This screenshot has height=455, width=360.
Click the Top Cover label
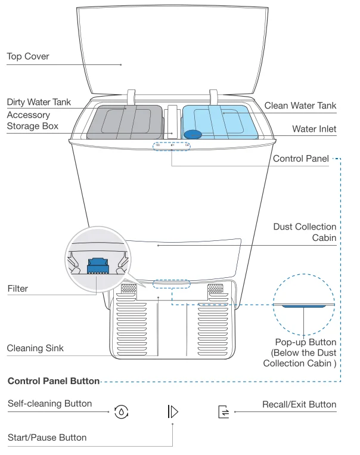[27, 57]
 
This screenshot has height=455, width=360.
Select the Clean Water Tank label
[300, 105]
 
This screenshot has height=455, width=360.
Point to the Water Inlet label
[314, 128]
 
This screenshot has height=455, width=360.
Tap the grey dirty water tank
[125, 122]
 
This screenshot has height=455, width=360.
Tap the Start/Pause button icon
[173, 411]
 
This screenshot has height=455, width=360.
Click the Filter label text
[17, 289]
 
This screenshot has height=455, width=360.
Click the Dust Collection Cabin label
[305, 232]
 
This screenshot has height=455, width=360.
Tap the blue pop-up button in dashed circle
[304, 307]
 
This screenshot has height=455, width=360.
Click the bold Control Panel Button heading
[52, 380]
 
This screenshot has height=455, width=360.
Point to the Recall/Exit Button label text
[299, 405]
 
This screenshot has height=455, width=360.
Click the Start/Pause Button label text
[46, 438]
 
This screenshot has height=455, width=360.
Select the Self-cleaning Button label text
[49, 404]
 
